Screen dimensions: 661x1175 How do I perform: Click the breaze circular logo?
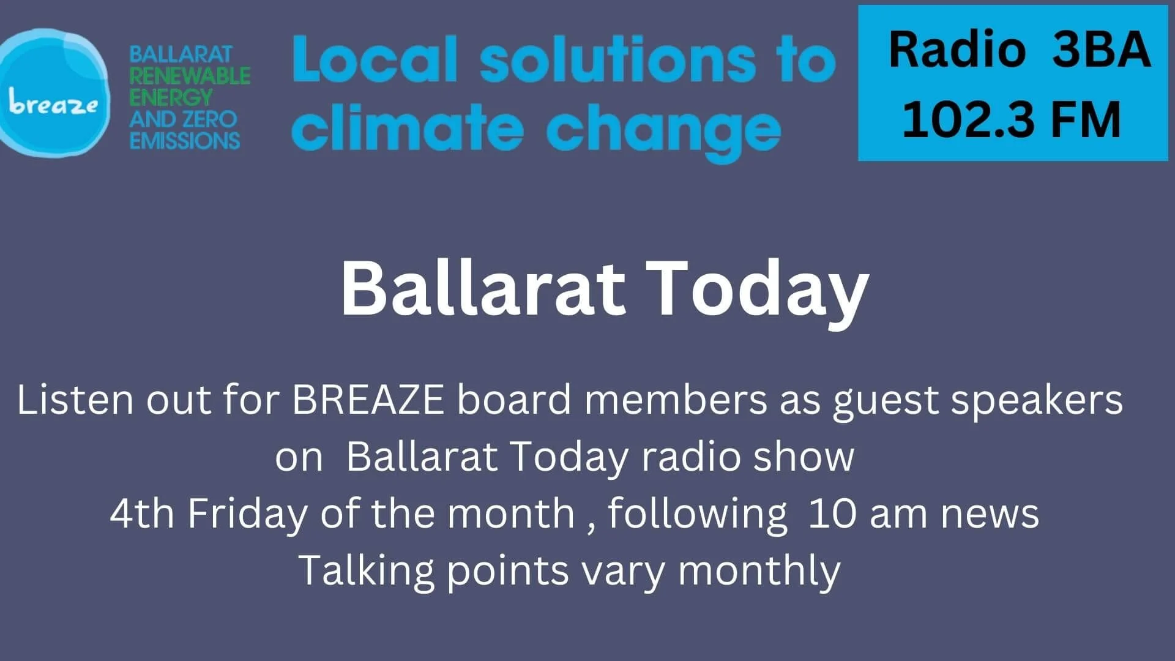(54, 93)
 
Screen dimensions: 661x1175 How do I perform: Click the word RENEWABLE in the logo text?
(189, 76)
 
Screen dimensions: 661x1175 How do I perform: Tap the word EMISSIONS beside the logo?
(184, 141)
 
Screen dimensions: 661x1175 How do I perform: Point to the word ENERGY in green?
(170, 97)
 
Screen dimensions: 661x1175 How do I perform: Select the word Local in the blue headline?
(375, 59)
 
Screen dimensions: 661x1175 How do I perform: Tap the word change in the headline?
(663, 130)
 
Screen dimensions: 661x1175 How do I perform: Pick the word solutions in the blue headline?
(617, 59)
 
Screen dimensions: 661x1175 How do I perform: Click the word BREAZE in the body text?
(368, 400)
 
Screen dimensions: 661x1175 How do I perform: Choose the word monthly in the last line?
(759, 571)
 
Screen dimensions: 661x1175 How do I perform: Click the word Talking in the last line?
(366, 571)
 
